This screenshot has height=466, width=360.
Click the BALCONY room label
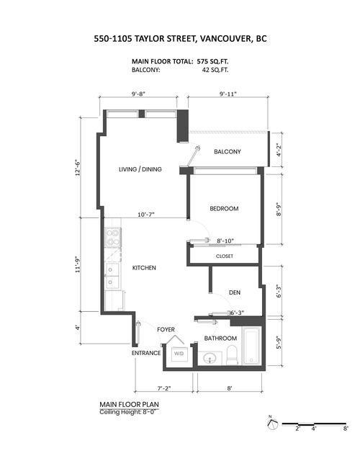click(228, 151)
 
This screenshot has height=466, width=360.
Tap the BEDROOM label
click(224, 209)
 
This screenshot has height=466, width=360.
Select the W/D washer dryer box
click(179, 354)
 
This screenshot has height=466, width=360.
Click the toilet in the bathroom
click(232, 355)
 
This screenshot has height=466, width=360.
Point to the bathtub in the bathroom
click(251, 346)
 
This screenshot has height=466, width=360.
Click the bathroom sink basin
click(210, 358)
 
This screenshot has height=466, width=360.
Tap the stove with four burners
click(113, 238)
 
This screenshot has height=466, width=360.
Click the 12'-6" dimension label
click(78, 169)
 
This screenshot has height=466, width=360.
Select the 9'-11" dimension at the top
click(228, 94)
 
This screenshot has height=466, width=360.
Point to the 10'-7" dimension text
click(146, 215)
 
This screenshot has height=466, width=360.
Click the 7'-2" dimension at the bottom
click(164, 388)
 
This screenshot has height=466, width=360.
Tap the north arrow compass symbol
click(272, 424)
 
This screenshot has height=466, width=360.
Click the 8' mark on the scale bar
click(345, 429)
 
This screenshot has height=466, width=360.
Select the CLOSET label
click(224, 256)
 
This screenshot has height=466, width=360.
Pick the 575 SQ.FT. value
click(212, 61)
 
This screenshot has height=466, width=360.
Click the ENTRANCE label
click(146, 353)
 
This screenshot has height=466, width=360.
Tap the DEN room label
click(235, 292)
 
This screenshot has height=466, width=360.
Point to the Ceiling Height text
click(127, 412)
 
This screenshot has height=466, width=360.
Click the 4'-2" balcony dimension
click(278, 150)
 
